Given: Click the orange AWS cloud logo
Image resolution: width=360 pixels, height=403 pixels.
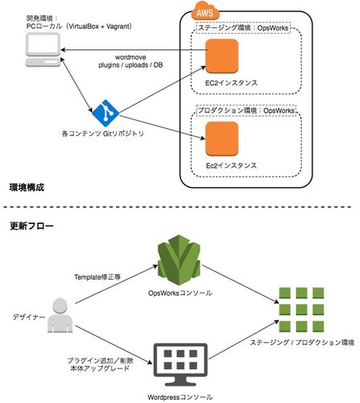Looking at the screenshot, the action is point(205,10).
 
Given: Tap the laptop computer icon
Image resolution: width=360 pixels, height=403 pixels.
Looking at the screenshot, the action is point(43,50).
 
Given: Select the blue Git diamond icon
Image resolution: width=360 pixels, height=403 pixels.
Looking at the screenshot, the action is point(106,113).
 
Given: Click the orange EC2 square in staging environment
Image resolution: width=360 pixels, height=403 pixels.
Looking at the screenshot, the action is point(221,56).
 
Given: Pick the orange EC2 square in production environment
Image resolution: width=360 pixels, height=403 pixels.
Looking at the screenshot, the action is point(221,139).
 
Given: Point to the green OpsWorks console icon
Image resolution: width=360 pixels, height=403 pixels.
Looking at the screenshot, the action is point(179,260).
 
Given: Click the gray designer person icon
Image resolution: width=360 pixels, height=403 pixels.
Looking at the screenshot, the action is point(60,315).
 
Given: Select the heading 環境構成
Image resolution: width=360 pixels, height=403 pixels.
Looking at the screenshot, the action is point(27,187).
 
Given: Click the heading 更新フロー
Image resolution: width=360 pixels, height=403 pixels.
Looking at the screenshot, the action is point(31,226).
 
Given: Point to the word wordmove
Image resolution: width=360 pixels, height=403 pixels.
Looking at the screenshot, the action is point(130,57).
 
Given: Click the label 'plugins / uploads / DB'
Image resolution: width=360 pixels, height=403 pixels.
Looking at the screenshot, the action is point(130,65).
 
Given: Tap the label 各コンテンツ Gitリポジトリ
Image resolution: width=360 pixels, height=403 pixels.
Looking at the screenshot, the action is point(103,134).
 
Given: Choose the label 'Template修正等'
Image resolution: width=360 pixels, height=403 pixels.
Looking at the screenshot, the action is point(97,277).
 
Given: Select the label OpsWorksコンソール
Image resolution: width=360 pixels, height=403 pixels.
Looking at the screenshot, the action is point(180,293).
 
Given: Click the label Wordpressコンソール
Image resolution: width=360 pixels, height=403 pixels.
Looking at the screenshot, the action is point(180,397).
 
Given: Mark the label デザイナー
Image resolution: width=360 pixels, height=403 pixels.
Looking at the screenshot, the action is point(29,317).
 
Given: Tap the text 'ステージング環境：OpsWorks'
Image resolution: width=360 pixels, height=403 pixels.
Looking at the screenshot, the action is point(243,27).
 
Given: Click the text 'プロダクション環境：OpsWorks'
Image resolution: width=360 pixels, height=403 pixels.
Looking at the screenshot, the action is point(246,110).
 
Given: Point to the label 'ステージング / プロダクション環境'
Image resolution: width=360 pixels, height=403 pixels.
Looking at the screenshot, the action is point(302,343).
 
